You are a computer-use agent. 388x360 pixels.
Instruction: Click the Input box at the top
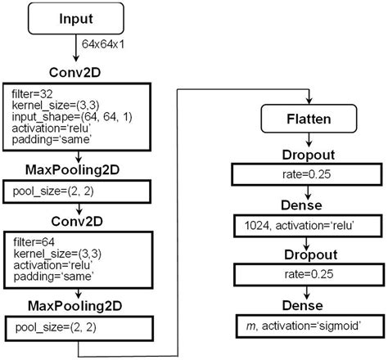(75, 19)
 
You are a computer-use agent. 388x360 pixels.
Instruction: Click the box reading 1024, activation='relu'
(305, 223)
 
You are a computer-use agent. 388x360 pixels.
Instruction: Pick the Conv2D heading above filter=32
(75, 72)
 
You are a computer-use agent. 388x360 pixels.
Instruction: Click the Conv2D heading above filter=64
(75, 222)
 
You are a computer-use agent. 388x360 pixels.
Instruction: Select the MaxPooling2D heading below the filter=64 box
(75, 308)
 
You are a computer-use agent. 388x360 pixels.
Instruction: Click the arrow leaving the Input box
(75, 49)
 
